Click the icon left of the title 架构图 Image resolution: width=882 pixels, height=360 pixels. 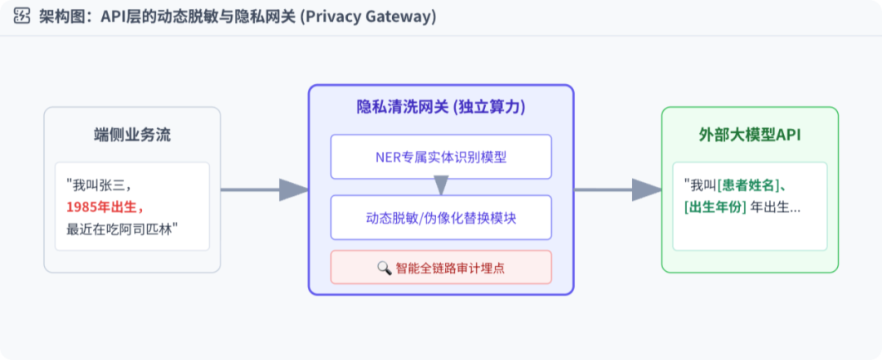tap(22, 17)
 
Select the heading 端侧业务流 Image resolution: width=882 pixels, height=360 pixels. tap(132, 136)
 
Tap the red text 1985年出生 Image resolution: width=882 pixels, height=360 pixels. tap(105, 205)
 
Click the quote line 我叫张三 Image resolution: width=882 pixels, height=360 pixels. tap(98, 184)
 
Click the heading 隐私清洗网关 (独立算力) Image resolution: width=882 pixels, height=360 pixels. tap(441, 107)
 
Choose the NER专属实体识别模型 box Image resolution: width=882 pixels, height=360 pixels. tap(441, 157)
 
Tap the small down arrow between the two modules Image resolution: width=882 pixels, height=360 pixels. tap(441, 186)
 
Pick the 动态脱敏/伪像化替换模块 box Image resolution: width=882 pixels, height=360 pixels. tap(441, 218)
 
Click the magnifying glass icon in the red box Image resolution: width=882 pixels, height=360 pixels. tap(384, 268)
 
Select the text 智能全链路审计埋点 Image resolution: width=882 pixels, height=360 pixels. tap(450, 268)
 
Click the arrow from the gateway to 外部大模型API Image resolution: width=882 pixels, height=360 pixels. tap(617, 189)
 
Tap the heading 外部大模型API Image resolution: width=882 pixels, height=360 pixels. tap(749, 136)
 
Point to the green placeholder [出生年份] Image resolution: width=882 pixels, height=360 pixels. tap(715, 207)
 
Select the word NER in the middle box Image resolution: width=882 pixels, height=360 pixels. tap(384, 157)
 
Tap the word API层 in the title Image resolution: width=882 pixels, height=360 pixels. tap(123, 17)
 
